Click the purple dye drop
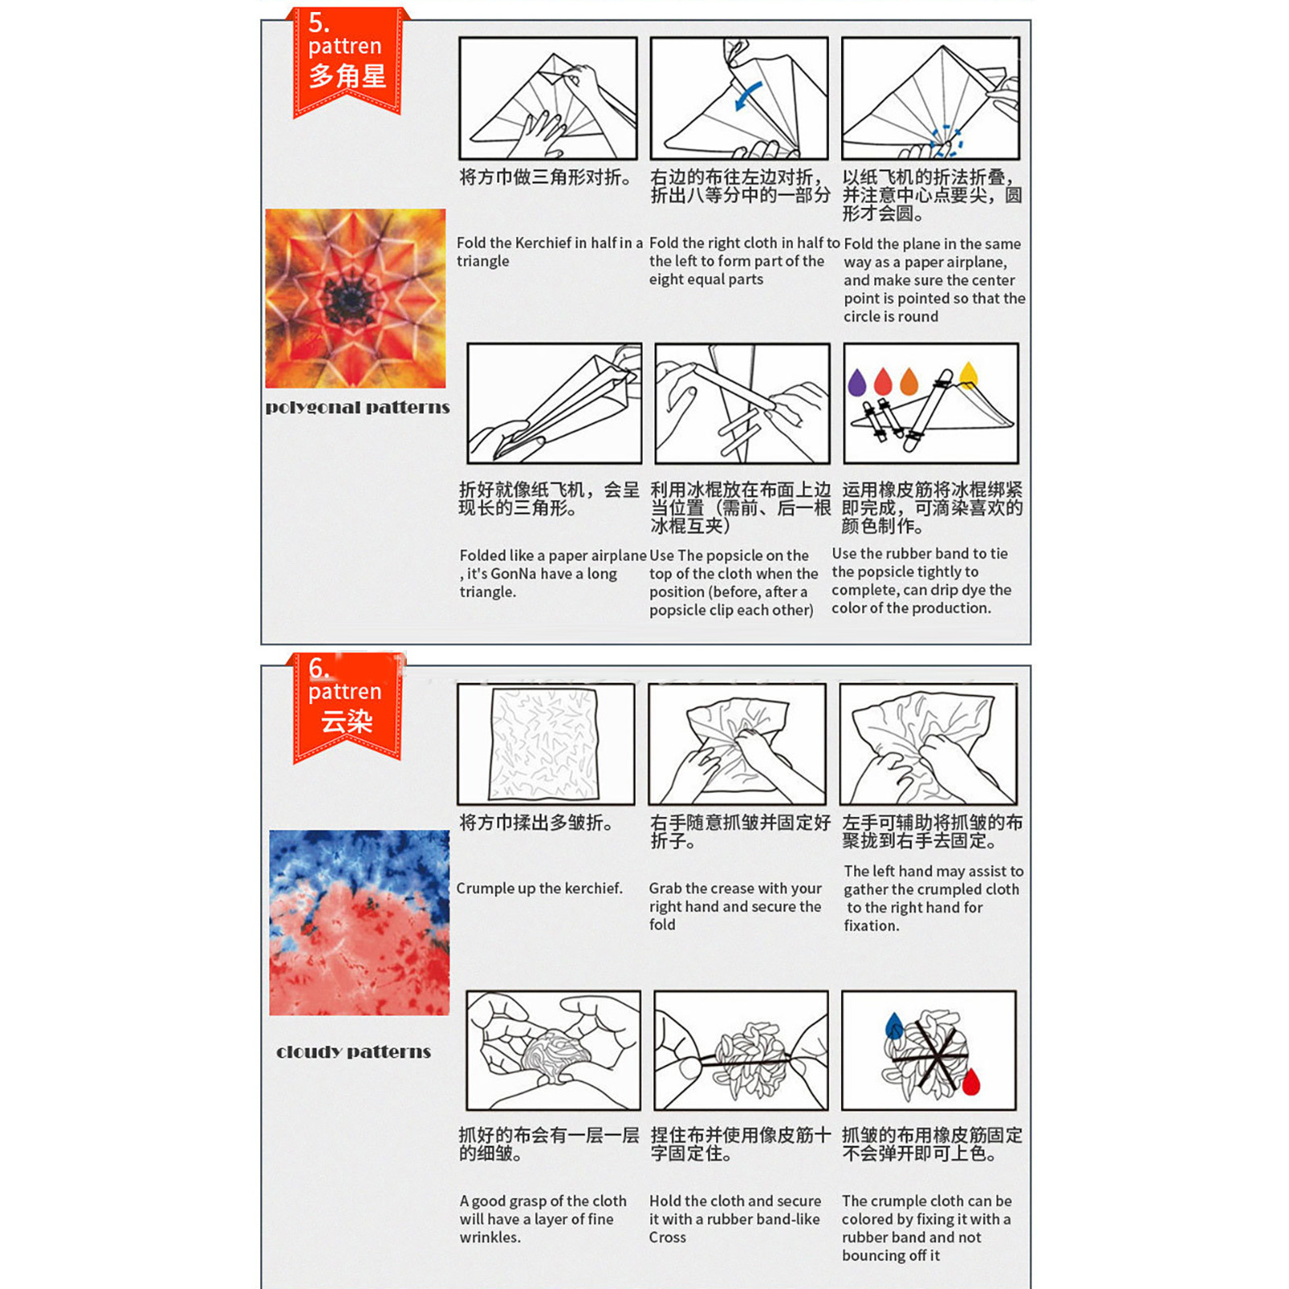pos(857,383)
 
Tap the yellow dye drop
pos(968,374)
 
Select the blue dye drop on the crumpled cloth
pos(894,1026)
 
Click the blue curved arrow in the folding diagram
pos(748,95)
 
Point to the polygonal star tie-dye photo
pos(355,298)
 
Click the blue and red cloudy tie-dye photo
pos(359,922)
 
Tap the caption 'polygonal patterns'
pos(358,408)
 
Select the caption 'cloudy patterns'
pos(354,1052)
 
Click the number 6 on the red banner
pos(318,668)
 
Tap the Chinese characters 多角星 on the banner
pos(347,77)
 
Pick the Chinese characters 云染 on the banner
pos(347,721)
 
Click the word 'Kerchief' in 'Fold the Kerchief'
pos(548,242)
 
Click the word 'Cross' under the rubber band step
pos(668,1237)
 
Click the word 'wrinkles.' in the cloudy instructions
pos(490,1237)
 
